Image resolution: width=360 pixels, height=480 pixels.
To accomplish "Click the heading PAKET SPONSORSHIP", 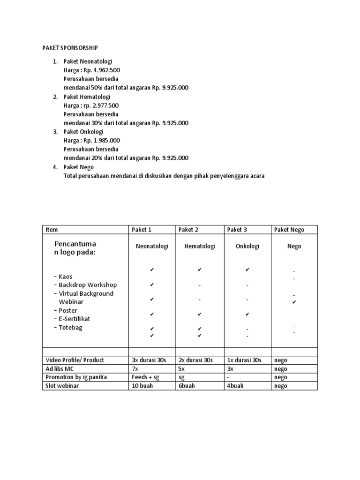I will point(70,48).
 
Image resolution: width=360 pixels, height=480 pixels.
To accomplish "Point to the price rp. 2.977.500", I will point(103,105).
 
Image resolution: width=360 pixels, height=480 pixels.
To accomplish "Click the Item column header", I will point(52,230).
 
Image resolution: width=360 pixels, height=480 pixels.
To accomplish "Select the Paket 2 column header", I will point(188,230).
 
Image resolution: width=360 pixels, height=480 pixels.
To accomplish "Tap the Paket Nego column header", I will point(289,230).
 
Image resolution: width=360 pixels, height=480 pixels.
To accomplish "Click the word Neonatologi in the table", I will point(152,247).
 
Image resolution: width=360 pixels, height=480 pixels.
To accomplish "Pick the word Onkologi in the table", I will point(247,247).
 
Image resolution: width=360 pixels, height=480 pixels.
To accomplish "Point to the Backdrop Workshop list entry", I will point(88,285).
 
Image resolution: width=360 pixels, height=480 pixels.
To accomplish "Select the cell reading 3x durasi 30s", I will point(149,360).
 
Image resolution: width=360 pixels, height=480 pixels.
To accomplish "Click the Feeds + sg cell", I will point(146,377).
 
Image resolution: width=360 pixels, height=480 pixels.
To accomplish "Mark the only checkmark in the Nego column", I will point(294,303).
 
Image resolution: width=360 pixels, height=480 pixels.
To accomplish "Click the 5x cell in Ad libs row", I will point(182,369).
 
